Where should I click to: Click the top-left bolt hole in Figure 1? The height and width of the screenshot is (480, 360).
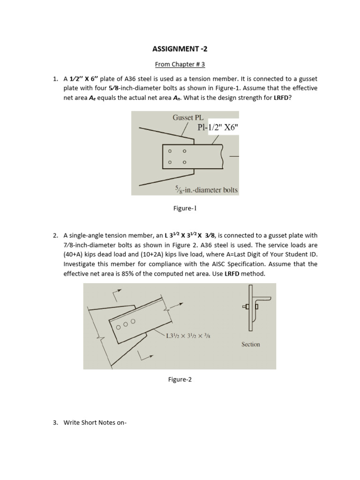(170, 151)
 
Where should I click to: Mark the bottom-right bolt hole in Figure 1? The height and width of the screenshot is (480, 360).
(184, 162)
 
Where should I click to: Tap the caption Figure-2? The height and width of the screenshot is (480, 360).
(180, 380)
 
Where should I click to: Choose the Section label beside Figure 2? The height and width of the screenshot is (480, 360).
(250, 344)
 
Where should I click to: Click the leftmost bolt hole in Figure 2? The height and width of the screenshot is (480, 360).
(119, 326)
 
